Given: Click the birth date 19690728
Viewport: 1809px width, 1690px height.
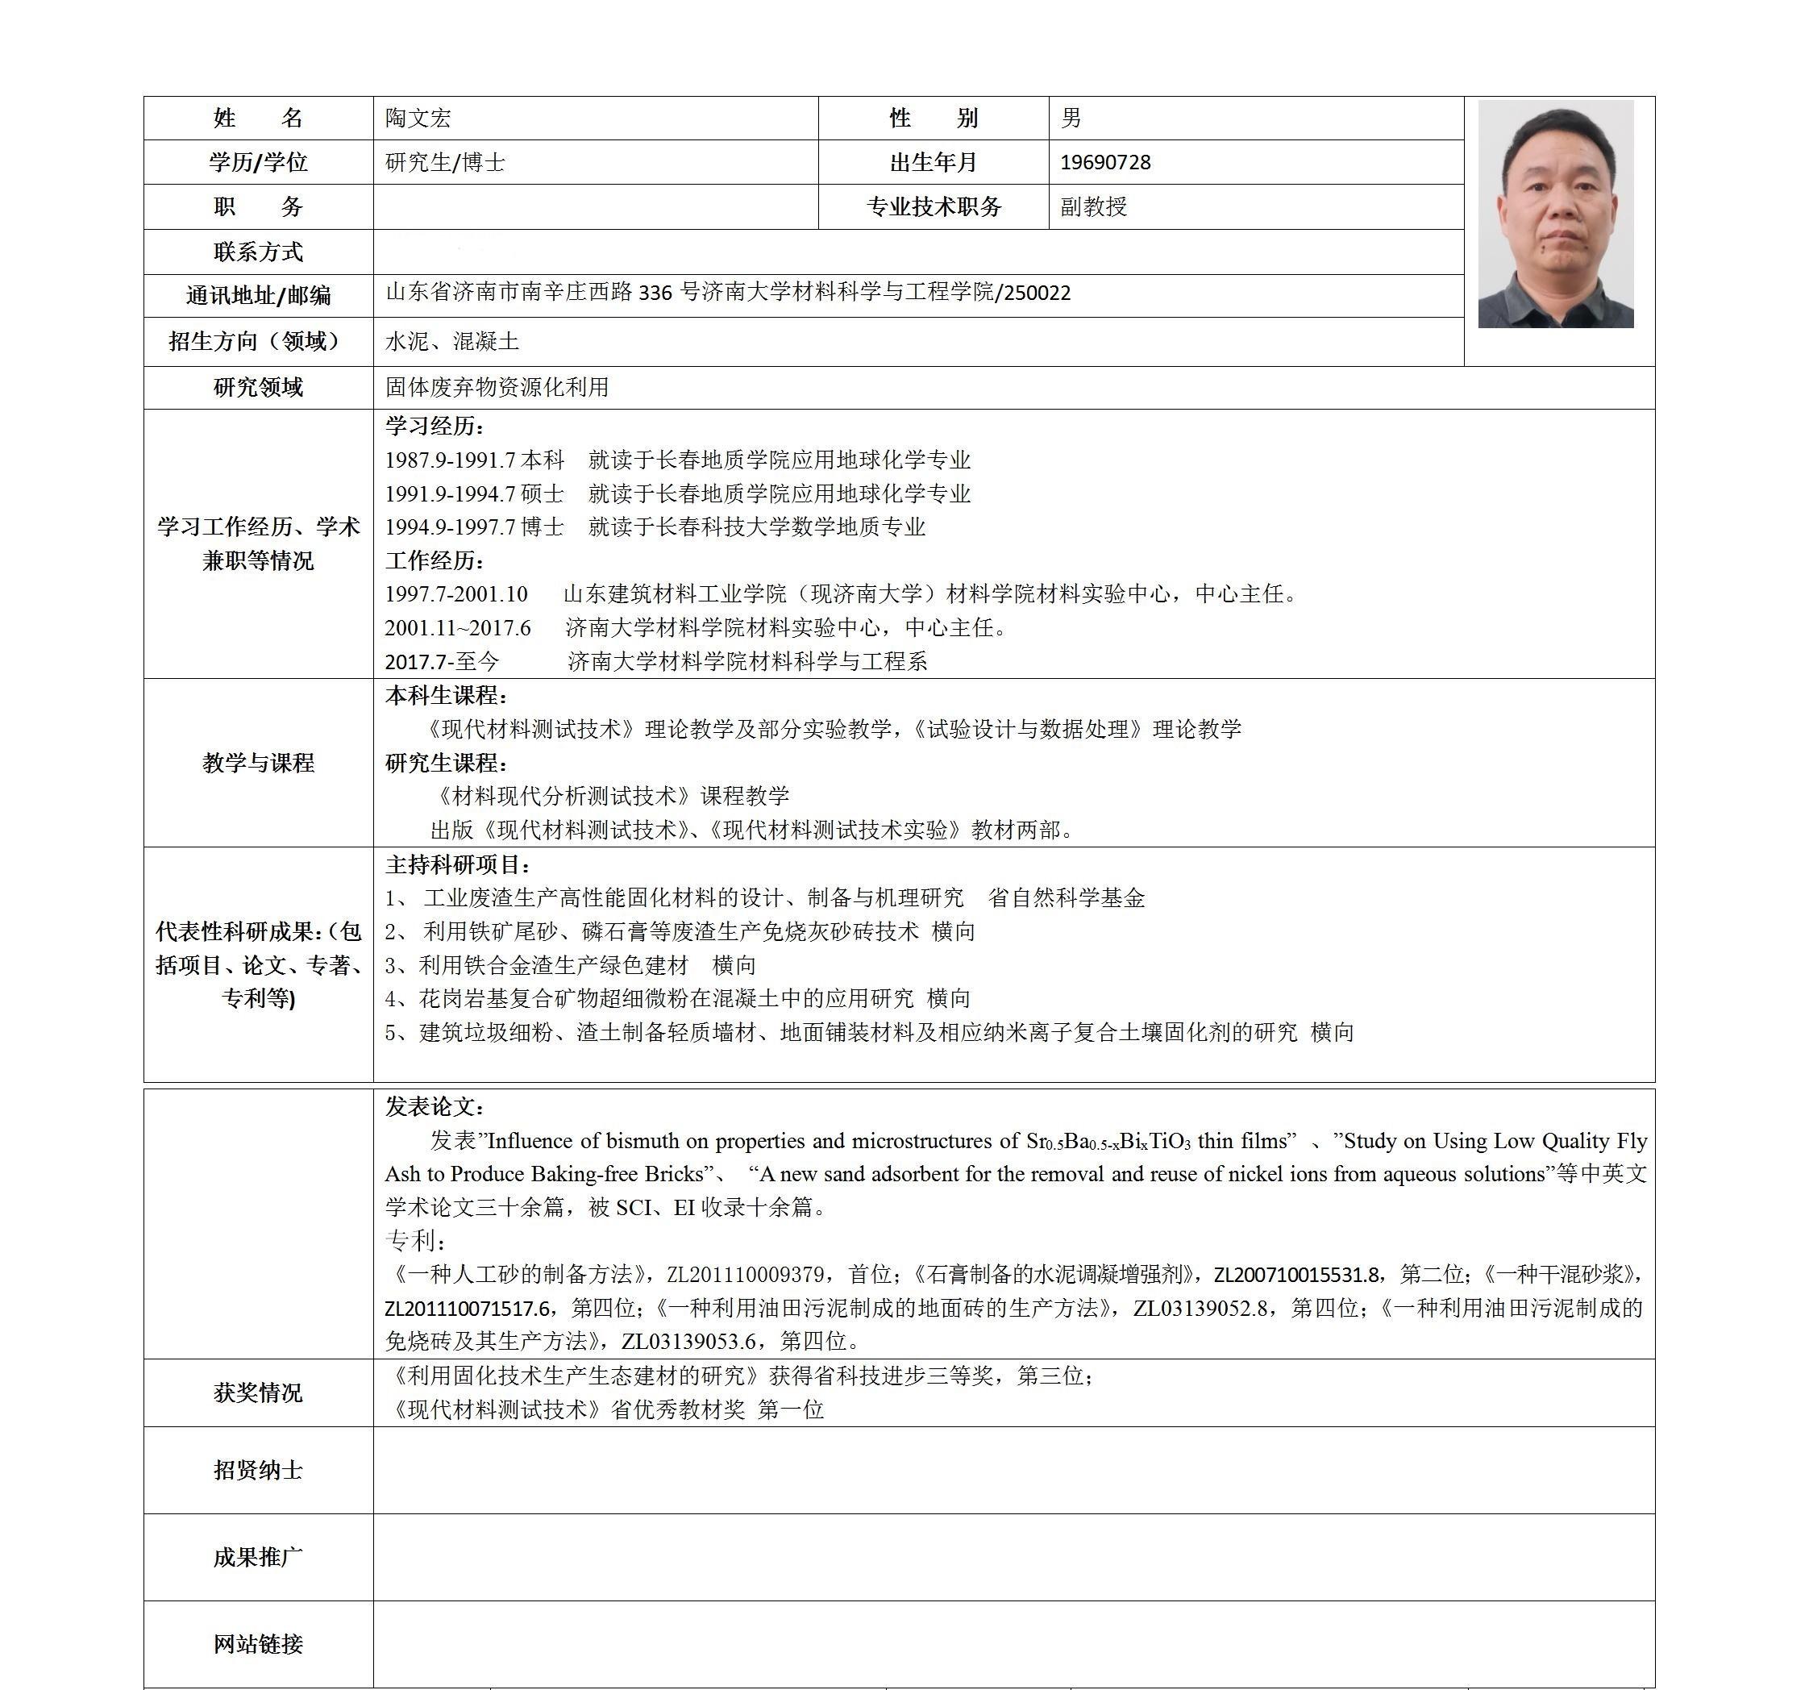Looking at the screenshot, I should click(1104, 163).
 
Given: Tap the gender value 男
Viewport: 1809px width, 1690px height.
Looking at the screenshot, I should click(1071, 119).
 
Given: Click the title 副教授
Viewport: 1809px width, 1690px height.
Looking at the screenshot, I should click(1094, 207).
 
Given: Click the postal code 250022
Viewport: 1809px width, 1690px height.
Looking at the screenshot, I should click(1038, 293).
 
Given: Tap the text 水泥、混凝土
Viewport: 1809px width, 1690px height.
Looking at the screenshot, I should click(452, 342).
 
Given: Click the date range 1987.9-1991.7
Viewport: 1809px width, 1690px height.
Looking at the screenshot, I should click(450, 460).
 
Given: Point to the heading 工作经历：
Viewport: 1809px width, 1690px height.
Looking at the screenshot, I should click(435, 560).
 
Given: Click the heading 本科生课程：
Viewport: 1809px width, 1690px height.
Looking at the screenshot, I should click(446, 696).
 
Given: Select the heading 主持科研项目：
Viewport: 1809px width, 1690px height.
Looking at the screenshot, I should click(458, 864).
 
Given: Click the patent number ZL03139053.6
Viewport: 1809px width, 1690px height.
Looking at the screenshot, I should click(688, 1342).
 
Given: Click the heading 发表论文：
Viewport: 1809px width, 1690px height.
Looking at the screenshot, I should click(435, 1108).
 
